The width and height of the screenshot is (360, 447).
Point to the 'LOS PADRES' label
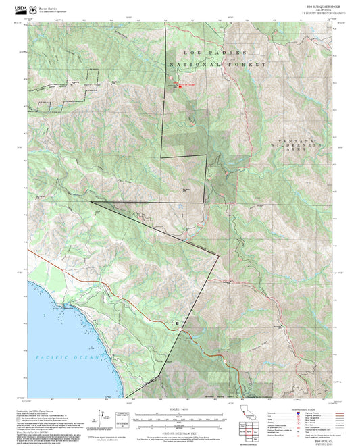tap(214, 52)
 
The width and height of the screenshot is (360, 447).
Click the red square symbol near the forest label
tap(180, 86)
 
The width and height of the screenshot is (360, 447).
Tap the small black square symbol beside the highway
tap(177, 324)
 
